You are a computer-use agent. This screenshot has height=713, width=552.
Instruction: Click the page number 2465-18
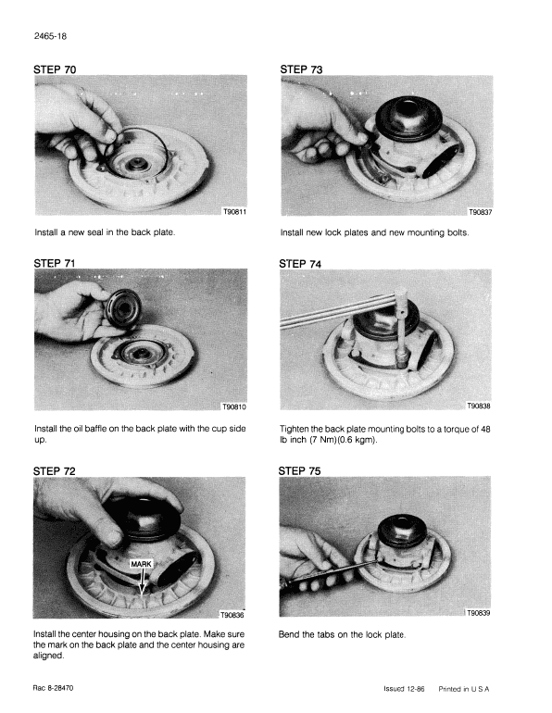(50, 36)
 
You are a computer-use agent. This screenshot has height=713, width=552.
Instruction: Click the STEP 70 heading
(55, 69)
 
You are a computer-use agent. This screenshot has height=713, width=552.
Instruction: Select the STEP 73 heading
(301, 69)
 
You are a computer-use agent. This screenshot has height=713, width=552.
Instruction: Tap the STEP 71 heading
(55, 263)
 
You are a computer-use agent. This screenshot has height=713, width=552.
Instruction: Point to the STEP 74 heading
(300, 264)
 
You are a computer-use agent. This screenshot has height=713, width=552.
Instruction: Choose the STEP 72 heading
(54, 471)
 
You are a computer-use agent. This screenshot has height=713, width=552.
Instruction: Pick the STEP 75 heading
(300, 471)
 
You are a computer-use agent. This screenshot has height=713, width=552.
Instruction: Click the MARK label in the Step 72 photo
(141, 564)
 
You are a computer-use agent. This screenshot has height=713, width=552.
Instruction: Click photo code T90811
(234, 212)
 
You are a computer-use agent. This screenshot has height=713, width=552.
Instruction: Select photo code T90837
(480, 212)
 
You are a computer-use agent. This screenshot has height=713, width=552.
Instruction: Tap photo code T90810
(234, 407)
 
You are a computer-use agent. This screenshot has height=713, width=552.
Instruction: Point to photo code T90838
(479, 407)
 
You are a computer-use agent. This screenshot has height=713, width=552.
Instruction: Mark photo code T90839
(478, 613)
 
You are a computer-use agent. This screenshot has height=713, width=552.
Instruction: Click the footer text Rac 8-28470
(53, 688)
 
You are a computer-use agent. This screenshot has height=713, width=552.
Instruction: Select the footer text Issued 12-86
(404, 689)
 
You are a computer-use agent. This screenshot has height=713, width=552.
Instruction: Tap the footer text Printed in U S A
(464, 689)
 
